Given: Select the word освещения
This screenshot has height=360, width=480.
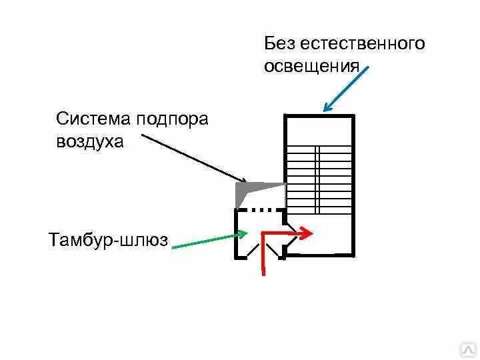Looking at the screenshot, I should coord(312,67).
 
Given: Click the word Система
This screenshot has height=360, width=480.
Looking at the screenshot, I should coord(94,119).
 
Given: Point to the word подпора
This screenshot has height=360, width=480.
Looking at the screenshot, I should coord(173,120).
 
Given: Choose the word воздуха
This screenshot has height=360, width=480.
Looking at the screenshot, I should coord(90,142).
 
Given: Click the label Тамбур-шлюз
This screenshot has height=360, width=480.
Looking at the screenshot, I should coord(108,239).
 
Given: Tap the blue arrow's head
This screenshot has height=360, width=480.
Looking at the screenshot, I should coord(327,108).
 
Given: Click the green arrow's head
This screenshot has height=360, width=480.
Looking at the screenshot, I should coord(243,234).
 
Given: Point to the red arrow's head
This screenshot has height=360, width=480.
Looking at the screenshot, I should coord(307,233).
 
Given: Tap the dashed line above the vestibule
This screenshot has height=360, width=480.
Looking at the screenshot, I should coord(261,209).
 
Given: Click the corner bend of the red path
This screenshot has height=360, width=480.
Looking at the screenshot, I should coord(264,234).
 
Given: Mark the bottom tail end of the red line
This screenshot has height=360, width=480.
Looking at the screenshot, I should coord(264,272).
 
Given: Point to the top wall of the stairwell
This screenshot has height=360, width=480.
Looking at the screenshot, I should coord(319,116).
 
